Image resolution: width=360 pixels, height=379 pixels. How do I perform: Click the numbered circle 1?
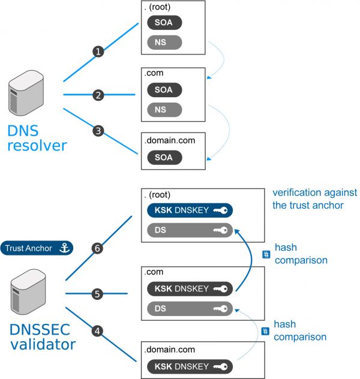[98, 52]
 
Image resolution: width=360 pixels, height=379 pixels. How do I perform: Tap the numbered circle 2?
[98, 94]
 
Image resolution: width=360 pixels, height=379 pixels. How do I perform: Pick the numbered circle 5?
[98, 294]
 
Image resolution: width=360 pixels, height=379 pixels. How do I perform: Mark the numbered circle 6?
[98, 246]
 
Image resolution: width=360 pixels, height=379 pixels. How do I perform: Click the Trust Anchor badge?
[37, 248]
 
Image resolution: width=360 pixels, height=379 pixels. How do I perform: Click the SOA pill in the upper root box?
[164, 23]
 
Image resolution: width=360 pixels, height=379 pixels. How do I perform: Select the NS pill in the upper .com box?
[164, 110]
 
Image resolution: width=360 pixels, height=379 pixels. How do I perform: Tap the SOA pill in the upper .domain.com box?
[164, 158]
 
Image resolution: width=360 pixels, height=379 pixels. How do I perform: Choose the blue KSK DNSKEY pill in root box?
[189, 210]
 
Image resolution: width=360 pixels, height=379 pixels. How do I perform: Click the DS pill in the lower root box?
[189, 230]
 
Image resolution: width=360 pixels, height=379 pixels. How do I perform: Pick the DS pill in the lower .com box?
[189, 309]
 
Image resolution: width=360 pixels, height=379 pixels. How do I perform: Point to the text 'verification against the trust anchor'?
[314, 199]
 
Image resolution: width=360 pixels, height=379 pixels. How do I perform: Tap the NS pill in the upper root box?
[164, 43]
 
